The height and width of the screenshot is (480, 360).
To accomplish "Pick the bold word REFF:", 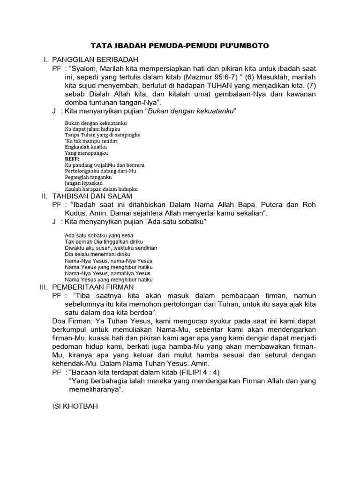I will click(72, 159).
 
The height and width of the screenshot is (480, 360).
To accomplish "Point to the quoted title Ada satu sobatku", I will click(177, 221).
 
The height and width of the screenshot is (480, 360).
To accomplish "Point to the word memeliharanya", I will click(95, 390).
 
